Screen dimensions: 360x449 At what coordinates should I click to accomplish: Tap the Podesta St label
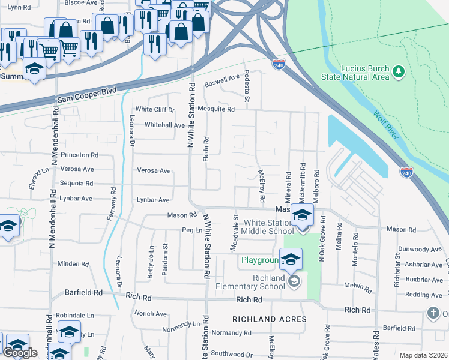click(246, 82)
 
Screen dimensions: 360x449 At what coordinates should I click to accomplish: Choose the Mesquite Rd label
click(217, 110)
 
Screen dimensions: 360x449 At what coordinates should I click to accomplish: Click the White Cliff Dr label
click(154, 110)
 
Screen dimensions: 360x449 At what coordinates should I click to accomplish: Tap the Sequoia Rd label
click(76, 184)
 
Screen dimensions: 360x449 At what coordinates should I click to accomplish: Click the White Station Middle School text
click(268, 227)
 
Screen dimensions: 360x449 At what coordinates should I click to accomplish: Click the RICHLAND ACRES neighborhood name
click(270, 319)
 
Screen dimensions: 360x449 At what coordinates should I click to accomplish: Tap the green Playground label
click(261, 260)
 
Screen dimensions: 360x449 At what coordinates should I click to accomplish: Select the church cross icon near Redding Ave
click(433, 313)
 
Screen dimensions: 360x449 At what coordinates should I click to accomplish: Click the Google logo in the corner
click(20, 353)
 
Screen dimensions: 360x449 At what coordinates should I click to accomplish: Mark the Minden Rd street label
click(73, 263)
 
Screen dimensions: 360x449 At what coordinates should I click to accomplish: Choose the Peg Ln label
click(189, 230)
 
